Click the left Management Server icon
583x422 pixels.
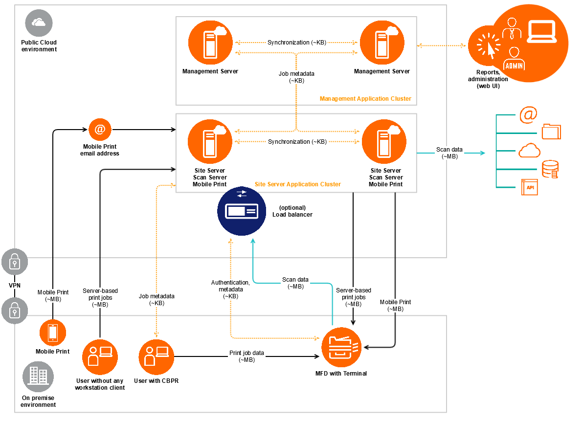point(210,43)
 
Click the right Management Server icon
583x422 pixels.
point(382,43)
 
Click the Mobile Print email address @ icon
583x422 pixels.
point(100,130)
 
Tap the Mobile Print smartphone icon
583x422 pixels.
point(52,333)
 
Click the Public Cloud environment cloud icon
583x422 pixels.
point(39,22)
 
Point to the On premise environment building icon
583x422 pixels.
point(38,377)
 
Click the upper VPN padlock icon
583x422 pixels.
point(15,263)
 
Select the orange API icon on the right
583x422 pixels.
point(529,187)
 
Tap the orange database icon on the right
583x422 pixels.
point(550,169)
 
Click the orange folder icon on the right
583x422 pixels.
point(551,132)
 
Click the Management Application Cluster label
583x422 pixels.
point(365,99)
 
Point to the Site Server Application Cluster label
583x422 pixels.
point(297,184)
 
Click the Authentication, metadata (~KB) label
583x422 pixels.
point(230,289)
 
